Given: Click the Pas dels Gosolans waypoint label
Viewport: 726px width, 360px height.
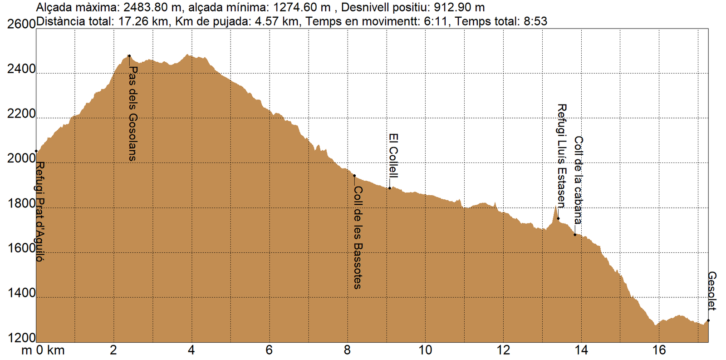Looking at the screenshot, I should pos(132,113).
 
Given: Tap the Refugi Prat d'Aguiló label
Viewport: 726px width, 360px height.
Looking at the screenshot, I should pos(40,211).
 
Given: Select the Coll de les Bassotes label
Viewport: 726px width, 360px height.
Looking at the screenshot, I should pos(358,237).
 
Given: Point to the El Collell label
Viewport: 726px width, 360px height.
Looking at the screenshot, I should pos(393,155).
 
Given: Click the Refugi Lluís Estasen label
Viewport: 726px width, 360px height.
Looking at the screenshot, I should pos(562,155).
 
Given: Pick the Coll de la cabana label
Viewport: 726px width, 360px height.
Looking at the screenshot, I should pos(578,180).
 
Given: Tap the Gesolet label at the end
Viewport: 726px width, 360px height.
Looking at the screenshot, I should pos(711,291).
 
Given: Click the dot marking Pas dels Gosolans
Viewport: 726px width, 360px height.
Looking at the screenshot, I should pos(129,56).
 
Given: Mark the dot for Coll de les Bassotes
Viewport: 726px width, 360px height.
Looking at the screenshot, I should pos(354,176).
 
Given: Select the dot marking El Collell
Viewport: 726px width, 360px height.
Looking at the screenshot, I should pos(389,188).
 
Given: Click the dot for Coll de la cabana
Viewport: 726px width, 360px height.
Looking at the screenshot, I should pos(575,235).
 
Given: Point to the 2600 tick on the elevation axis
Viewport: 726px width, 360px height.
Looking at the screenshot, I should pos(21,24).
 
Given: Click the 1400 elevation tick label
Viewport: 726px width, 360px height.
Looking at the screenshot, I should pos(21,293).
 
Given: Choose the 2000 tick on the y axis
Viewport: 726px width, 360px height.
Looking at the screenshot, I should pos(21,158).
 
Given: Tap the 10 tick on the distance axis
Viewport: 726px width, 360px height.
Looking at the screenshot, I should pos(425,350).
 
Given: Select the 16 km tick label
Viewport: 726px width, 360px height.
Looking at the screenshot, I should pos(659,350).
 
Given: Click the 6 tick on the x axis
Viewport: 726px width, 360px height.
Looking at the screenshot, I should pos(269,350).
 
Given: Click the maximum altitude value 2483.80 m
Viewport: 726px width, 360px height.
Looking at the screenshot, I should pos(152,8).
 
